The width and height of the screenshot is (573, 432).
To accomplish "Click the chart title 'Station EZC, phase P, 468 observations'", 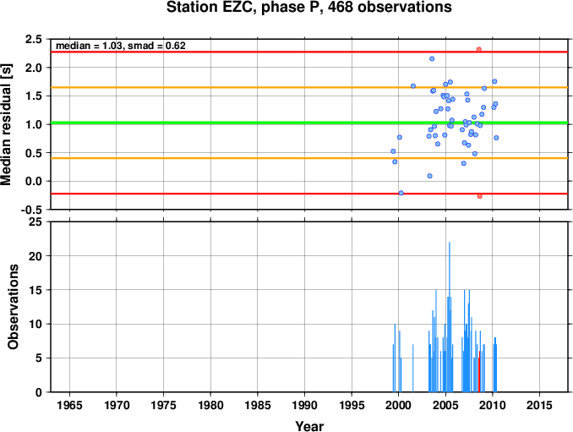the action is [308, 7].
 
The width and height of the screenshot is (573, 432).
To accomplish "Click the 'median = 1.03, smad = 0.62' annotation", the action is [121, 46].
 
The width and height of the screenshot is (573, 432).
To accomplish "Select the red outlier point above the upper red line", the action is [478, 49].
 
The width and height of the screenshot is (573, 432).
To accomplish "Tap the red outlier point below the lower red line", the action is [479, 196].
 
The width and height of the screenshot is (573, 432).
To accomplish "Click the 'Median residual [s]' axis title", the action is [6, 124].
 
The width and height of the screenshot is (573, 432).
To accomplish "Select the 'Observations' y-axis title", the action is [13, 307].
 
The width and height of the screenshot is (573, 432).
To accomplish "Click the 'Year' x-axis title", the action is [309, 426].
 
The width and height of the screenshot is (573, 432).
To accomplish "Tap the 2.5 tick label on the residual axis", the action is [33, 39].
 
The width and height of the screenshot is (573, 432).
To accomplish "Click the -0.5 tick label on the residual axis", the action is [30, 210].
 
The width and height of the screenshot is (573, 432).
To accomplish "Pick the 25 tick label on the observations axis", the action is [35, 221].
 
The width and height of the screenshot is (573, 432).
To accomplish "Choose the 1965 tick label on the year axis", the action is [69, 405].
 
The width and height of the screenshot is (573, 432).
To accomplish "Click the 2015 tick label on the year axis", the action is [540, 405].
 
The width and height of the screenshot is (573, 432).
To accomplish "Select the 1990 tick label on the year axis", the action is [304, 405].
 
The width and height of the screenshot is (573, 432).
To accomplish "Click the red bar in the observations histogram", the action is [479, 371].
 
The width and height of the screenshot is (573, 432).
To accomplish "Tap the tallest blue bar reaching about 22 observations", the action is [450, 317].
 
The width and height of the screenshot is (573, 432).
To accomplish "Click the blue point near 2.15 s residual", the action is [432, 58].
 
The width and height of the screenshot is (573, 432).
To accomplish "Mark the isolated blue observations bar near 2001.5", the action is [413, 368].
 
